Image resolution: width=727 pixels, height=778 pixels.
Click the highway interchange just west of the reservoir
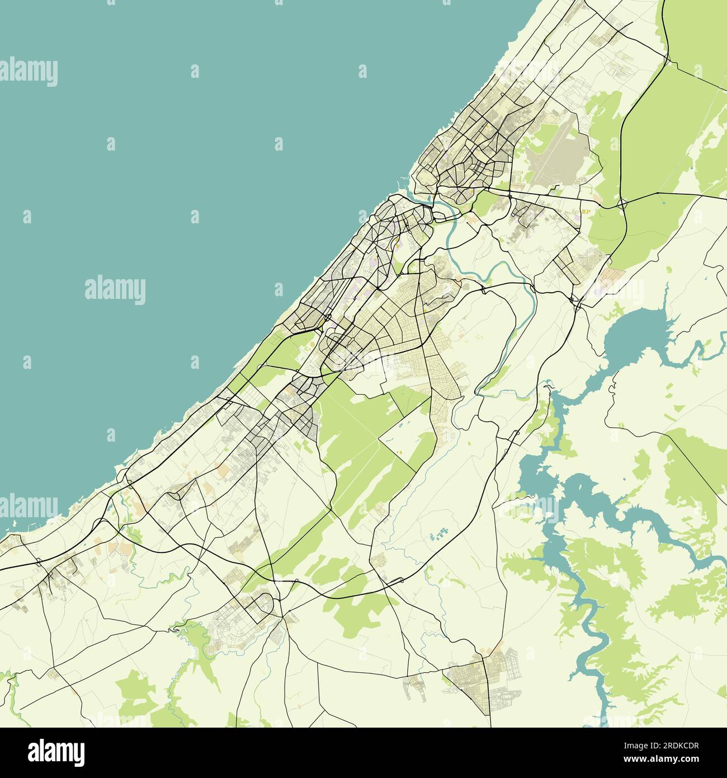(x=574, y=302)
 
